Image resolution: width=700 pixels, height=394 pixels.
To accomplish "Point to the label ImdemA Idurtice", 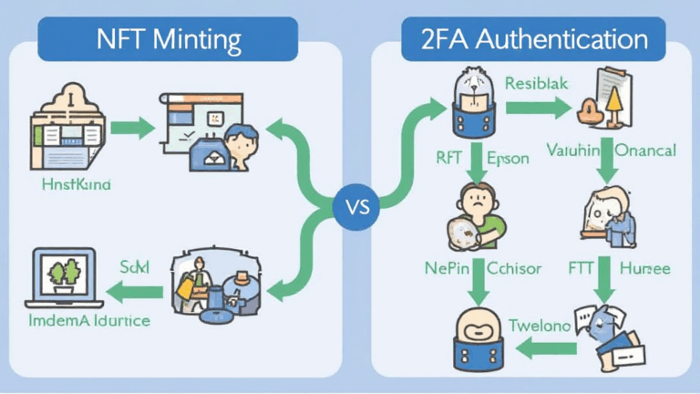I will (x=88, y=321).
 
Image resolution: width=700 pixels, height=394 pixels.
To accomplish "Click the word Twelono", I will (x=537, y=325).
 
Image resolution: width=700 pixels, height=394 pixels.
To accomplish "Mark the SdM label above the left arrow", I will (x=136, y=266).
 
